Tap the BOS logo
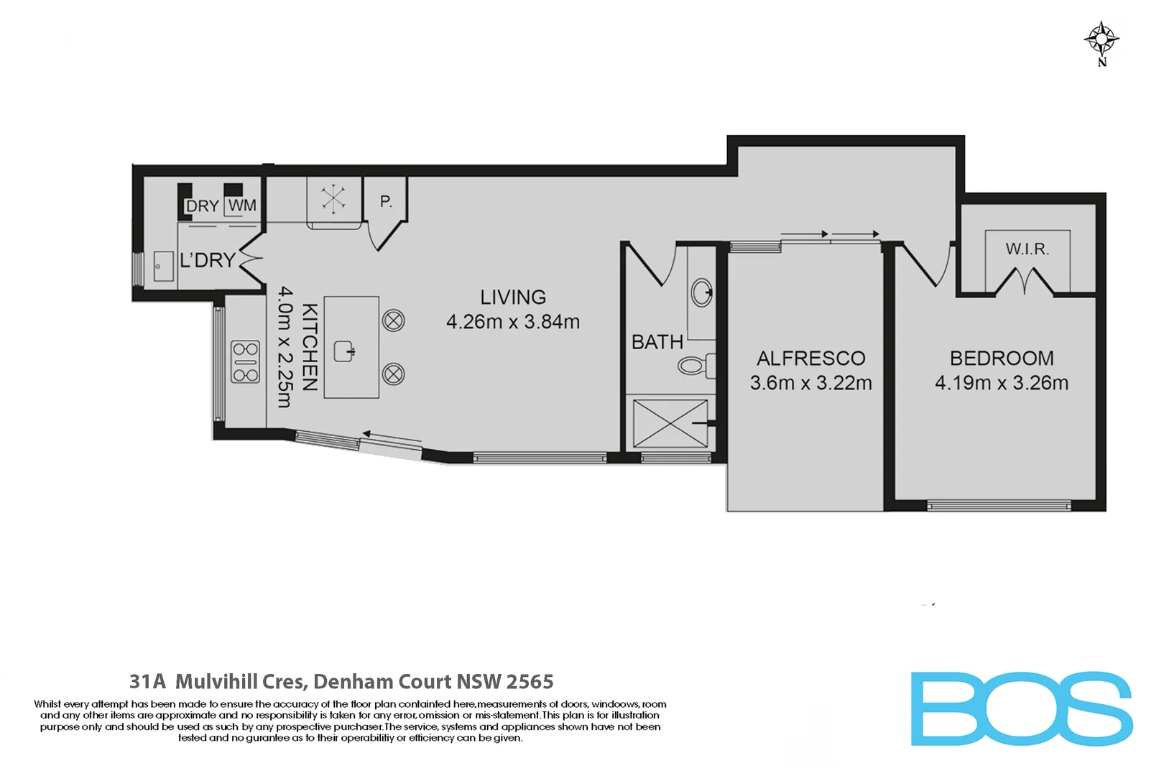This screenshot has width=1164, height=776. (1021, 708)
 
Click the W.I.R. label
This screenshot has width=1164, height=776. (1027, 249)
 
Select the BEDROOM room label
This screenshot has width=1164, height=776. (1002, 358)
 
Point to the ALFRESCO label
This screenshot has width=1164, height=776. (810, 358)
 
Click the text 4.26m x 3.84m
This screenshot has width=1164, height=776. (513, 322)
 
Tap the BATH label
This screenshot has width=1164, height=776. (657, 342)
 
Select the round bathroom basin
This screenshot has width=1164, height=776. (701, 292)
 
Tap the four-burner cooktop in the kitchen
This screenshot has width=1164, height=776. (245, 362)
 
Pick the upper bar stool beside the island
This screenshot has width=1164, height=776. (394, 320)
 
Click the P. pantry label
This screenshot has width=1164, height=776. (386, 202)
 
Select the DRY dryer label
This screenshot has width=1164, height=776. (202, 206)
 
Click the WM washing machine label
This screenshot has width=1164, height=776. (242, 205)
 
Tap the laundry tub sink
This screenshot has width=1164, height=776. (163, 266)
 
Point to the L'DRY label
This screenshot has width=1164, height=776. (208, 260)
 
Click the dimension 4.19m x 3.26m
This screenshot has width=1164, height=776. (1001, 383)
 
